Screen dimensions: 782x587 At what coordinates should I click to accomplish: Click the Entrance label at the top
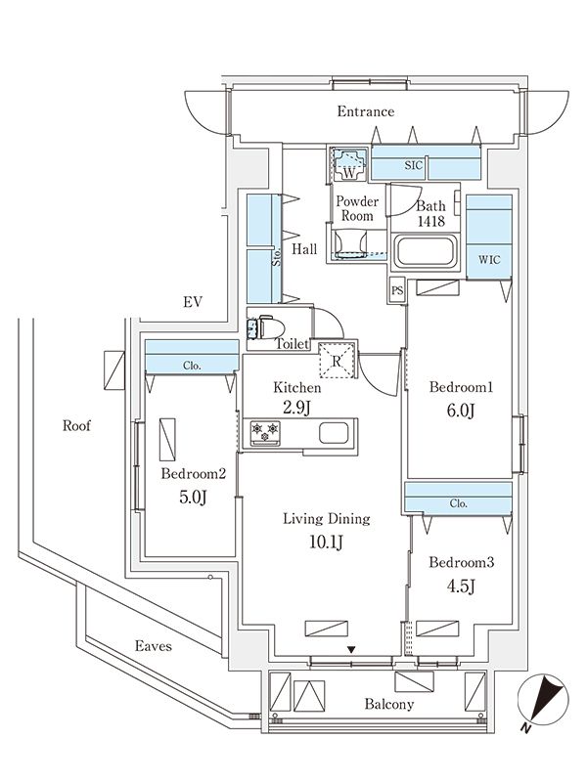click(x=366, y=111)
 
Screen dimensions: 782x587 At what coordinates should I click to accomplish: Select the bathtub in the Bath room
click(x=424, y=252)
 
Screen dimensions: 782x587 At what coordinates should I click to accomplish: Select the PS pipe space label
click(x=396, y=290)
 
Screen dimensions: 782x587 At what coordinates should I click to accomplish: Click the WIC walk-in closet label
click(x=488, y=261)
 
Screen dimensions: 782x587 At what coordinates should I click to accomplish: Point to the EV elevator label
click(x=191, y=302)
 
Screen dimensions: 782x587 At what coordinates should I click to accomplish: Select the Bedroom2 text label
click(x=194, y=474)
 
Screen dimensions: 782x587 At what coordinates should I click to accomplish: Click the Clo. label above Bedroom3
click(x=458, y=504)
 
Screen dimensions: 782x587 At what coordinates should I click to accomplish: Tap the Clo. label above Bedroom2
click(x=192, y=367)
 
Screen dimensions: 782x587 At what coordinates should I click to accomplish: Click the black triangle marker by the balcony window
click(x=351, y=648)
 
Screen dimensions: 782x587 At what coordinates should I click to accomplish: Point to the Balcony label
click(x=390, y=704)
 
